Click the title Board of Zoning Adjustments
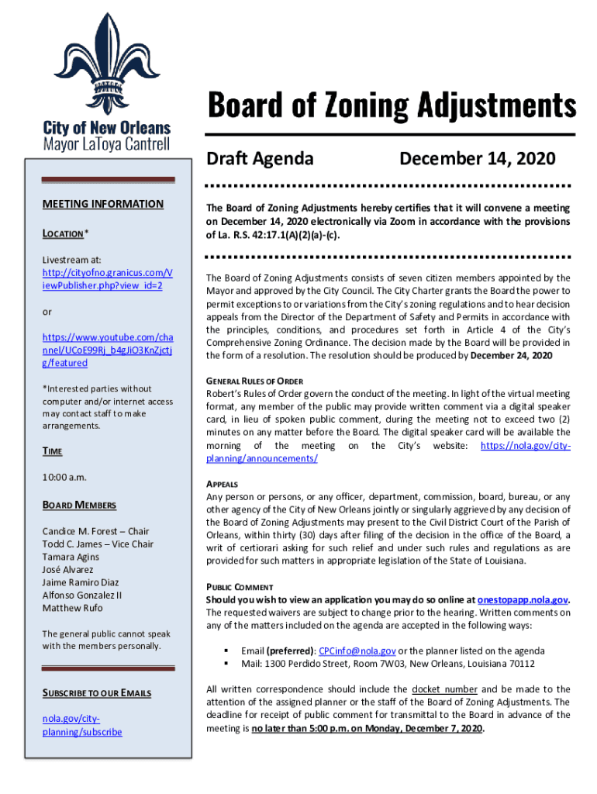click(x=391, y=106)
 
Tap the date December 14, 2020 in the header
click(x=477, y=159)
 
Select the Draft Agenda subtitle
click(x=260, y=159)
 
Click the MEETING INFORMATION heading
click(x=102, y=205)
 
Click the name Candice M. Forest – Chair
click(x=95, y=531)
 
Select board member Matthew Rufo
click(x=72, y=608)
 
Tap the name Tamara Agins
click(x=71, y=557)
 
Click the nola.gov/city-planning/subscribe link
click(x=82, y=726)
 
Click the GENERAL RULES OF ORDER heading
click(x=254, y=381)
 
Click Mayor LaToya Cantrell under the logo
click(x=106, y=144)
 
